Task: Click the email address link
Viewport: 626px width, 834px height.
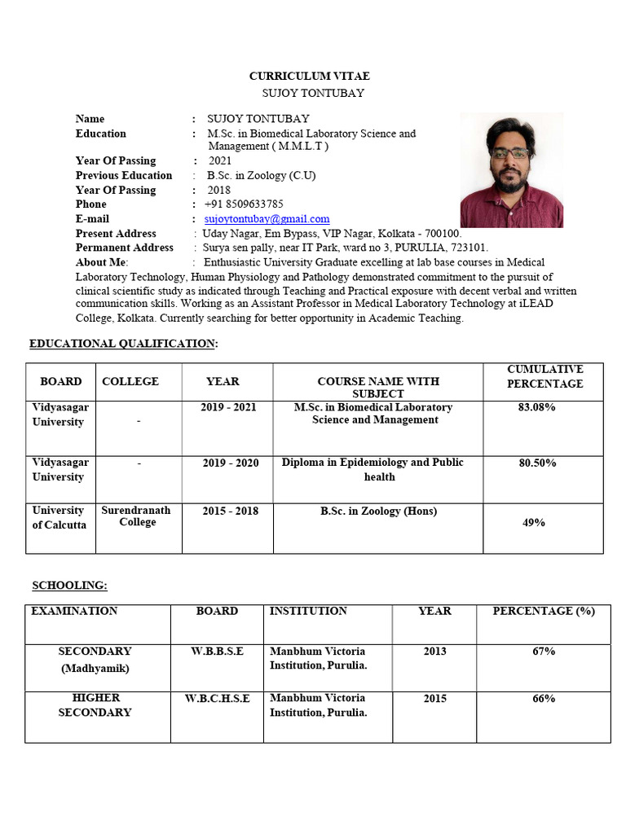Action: (x=267, y=219)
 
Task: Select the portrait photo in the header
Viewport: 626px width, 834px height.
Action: (x=511, y=171)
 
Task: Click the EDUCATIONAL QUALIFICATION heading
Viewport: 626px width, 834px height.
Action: (x=123, y=344)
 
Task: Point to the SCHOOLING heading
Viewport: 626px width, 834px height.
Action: (x=69, y=586)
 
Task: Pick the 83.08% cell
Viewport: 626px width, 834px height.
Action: (x=536, y=407)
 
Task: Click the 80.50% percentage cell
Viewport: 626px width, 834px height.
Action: (x=536, y=463)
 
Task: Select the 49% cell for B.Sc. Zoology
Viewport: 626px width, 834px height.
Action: (x=533, y=523)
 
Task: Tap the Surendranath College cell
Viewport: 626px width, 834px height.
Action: (x=136, y=516)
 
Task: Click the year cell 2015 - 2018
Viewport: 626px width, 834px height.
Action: (x=230, y=511)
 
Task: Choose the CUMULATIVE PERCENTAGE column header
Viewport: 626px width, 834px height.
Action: (x=544, y=376)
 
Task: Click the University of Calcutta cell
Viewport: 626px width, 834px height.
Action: (x=58, y=517)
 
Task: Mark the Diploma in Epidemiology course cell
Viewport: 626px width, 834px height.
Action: (x=373, y=469)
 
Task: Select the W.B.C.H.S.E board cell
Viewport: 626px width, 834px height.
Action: (x=217, y=699)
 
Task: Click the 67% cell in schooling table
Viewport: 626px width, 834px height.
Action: (x=544, y=652)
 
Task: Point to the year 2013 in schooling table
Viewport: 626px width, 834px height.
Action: (x=434, y=652)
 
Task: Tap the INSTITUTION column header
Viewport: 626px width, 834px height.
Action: (x=308, y=611)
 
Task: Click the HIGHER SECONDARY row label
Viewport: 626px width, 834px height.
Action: (x=95, y=705)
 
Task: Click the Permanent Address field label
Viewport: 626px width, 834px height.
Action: (x=125, y=248)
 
